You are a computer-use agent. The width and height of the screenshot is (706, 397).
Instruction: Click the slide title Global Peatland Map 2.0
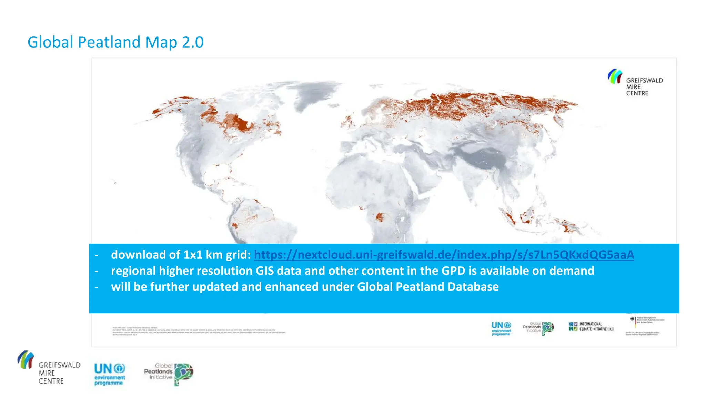115,42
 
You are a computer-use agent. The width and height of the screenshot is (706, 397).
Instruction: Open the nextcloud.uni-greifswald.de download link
444,255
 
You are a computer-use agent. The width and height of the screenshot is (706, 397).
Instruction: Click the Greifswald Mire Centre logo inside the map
635,82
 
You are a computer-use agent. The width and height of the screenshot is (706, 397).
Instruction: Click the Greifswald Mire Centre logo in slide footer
49,368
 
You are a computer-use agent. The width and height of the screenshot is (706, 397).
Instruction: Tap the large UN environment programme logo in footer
110,374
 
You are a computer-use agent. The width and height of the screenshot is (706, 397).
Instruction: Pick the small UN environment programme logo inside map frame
501,328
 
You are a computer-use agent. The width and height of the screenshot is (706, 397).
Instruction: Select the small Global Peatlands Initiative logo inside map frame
538,328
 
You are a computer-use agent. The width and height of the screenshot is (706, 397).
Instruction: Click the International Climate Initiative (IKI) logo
591,326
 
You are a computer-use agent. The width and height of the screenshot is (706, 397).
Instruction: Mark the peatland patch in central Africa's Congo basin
380,217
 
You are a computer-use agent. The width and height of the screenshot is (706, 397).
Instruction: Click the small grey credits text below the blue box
199,331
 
